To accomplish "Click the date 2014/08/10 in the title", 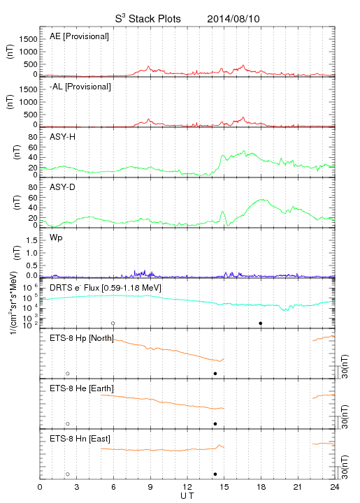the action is pos(233,19).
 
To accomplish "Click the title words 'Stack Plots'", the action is pos(154,19).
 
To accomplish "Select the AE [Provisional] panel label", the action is pos(79,36).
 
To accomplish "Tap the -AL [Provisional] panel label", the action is pos(80,87).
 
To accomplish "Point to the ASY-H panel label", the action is pos(62,137).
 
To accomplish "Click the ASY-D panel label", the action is pos(62,187).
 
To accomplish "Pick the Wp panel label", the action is pos(56,238).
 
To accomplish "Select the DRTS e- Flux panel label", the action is pos(106,288).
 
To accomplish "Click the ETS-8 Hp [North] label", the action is pos(82,338).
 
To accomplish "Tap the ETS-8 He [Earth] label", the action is pos(82,388).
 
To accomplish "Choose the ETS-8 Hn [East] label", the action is pos(80,439).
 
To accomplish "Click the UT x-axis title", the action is pos(187,496).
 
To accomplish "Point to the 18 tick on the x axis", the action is pos(261,487).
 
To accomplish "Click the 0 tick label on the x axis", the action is pos(40,487).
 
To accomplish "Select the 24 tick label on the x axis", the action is pos(335,487).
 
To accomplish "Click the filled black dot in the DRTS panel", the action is pos(261,323).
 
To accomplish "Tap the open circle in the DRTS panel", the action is pos(113,323).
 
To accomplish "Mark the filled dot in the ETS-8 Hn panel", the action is pos(215,474).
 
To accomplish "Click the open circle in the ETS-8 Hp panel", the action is pos(68,373).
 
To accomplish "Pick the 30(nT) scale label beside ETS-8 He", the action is pos(345,416).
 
